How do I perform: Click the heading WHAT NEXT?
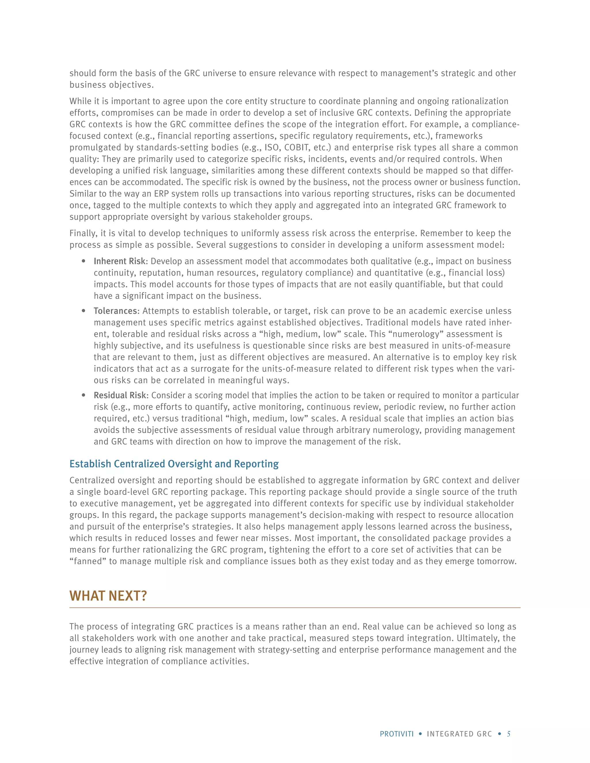pyautogui.click(x=108, y=596)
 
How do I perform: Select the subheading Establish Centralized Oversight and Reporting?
pyautogui.click(x=174, y=464)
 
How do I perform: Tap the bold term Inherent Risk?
pyautogui.click(x=120, y=261)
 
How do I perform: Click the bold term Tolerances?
pyautogui.click(x=115, y=311)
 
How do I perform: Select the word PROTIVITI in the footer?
pyautogui.click(x=397, y=734)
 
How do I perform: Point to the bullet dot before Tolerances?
pyautogui.click(x=84, y=311)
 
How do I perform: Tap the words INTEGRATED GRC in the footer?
pyautogui.click(x=459, y=734)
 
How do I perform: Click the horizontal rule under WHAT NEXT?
pyautogui.click(x=295, y=608)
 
